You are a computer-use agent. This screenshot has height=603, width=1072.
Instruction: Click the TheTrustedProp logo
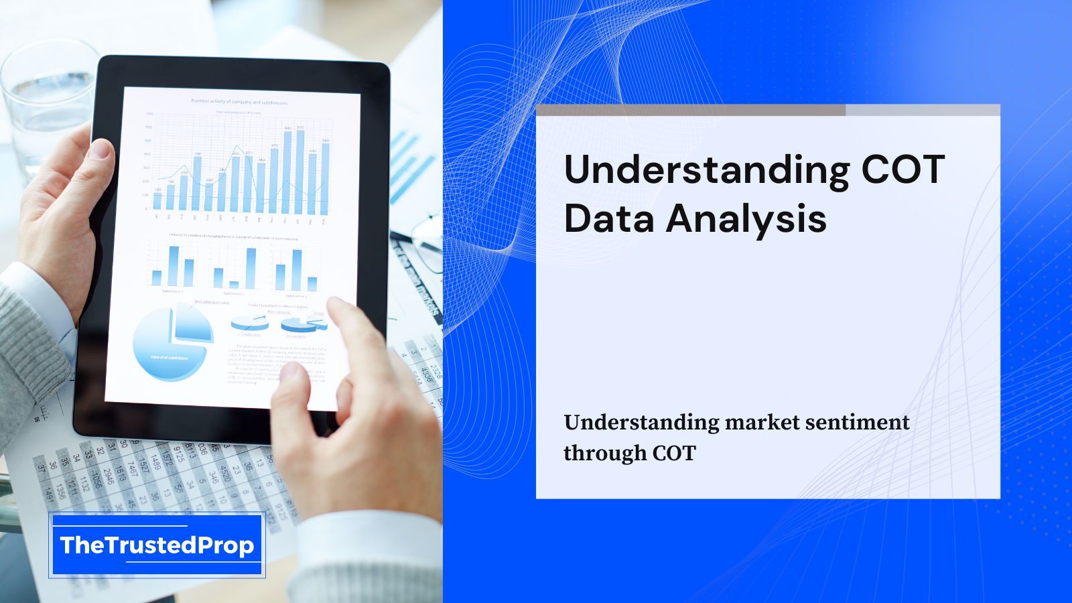tap(157, 545)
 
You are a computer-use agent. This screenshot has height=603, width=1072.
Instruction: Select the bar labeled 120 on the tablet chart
tap(157, 201)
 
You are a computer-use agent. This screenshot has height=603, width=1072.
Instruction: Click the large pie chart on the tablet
tap(167, 345)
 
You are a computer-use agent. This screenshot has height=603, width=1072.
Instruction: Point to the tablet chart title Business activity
tap(239, 102)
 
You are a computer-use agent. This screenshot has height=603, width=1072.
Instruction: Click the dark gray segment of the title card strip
tap(690, 110)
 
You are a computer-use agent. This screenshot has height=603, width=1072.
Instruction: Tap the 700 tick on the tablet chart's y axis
tap(149, 114)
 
